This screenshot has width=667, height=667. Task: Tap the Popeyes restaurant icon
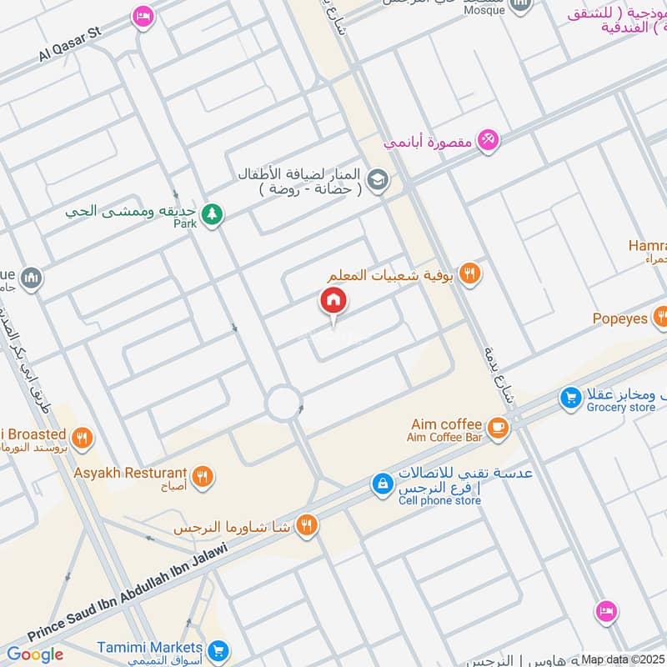pos(661,317)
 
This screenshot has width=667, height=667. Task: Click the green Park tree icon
pos(213,214)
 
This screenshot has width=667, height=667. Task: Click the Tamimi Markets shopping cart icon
pos(218,649)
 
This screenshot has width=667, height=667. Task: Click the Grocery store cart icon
pos(570,399)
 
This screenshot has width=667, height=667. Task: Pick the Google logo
pos(35,654)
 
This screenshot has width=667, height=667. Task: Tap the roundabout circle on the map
pos(283,405)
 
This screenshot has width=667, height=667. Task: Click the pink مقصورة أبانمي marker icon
pos(489,140)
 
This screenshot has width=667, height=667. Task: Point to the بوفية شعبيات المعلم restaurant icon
pos(470,273)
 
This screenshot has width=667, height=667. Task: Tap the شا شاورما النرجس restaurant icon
pos(307,524)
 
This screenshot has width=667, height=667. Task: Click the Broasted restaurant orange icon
pos(82,437)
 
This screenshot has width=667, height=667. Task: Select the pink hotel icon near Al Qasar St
pos(143,17)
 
